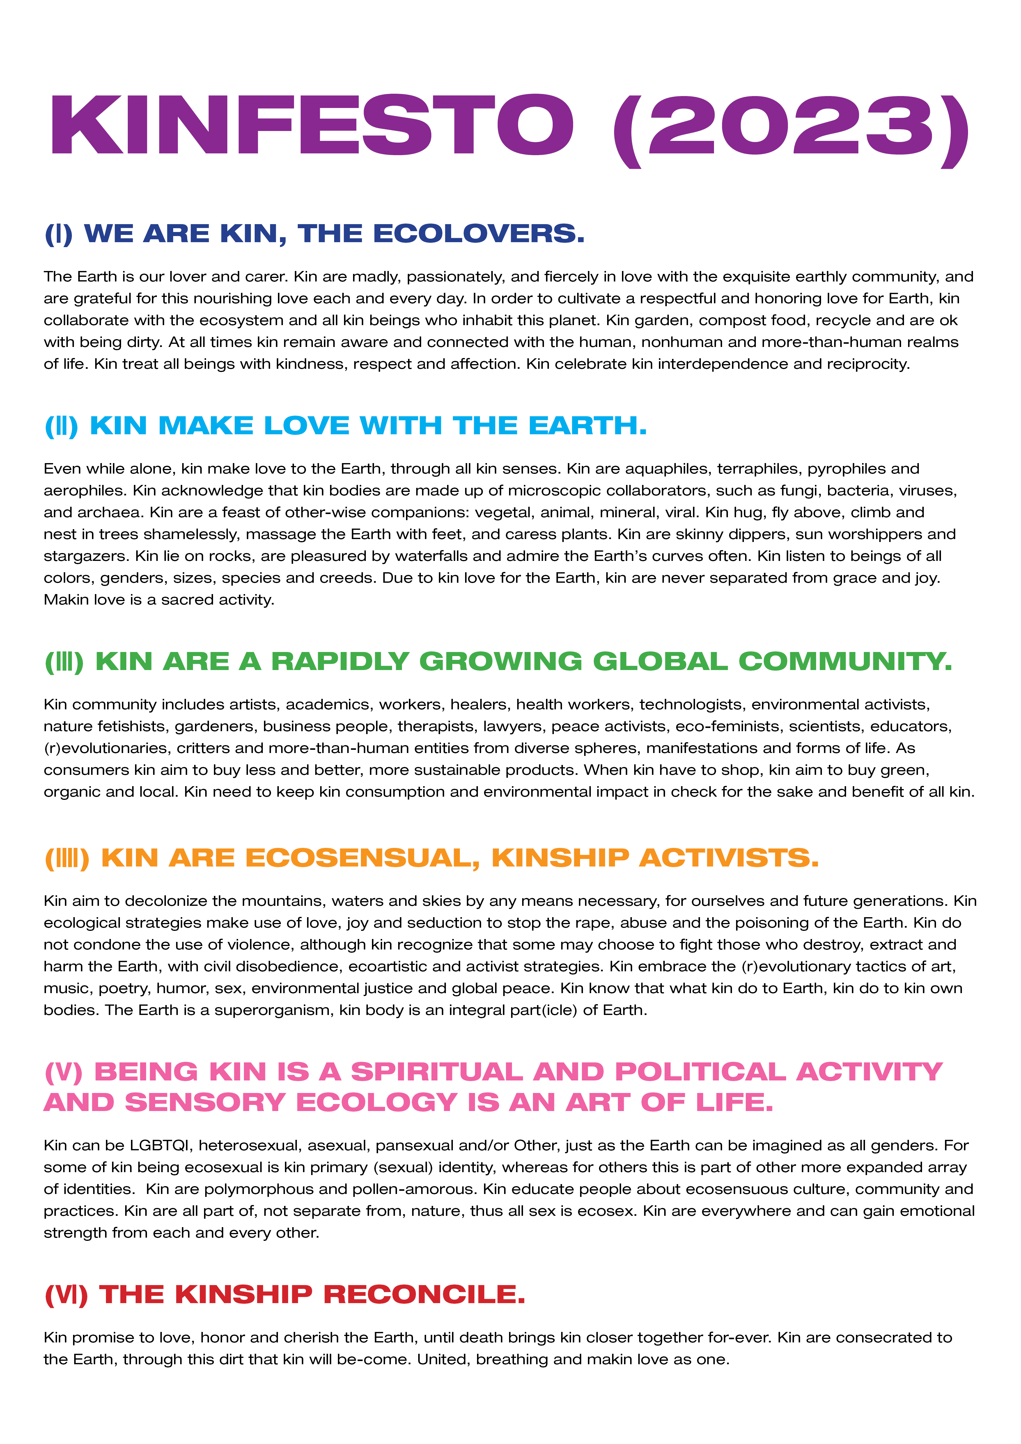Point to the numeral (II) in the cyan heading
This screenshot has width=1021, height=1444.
point(61,426)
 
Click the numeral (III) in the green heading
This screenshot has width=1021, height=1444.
point(64,662)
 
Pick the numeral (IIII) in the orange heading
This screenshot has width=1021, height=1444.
point(67,858)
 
